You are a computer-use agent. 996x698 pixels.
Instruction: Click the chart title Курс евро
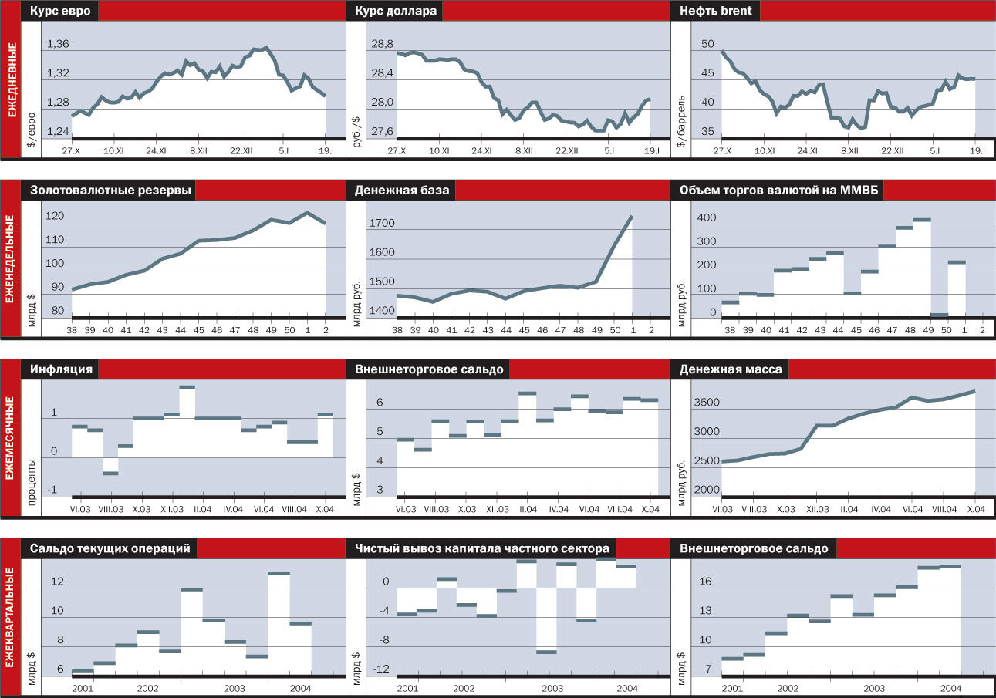(x=60, y=12)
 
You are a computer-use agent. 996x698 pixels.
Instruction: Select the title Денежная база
(x=402, y=191)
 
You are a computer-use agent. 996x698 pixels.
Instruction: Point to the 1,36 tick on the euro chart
(x=58, y=45)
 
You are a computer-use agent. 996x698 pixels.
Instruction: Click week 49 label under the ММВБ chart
(x=939, y=330)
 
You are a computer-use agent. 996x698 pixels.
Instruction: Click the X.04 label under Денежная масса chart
(x=975, y=510)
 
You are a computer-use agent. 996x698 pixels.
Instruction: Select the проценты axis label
(x=32, y=478)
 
